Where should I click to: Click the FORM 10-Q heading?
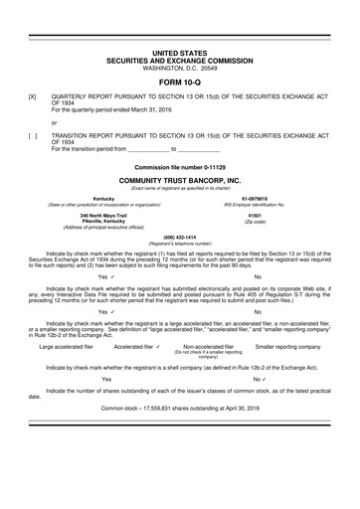coord(179,81)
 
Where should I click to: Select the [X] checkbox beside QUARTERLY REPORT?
coord(34,96)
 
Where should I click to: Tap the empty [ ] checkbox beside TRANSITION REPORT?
coord(34,132)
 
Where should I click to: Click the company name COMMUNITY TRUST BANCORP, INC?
coord(179,177)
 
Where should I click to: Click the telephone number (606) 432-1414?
coord(179,237)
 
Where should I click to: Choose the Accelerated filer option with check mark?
coord(138,346)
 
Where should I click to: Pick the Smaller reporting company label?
coord(287,346)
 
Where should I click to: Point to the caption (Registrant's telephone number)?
coord(179,244)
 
